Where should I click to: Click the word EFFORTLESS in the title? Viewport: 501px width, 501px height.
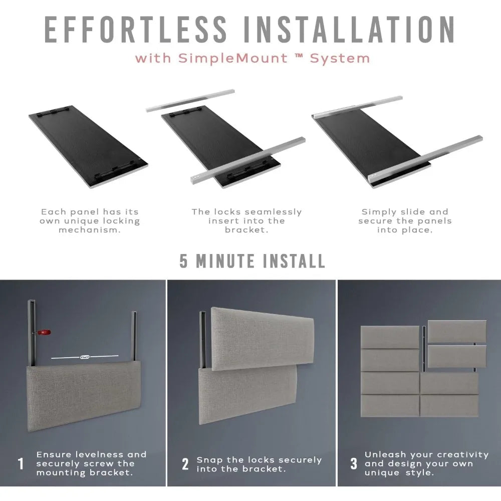[135, 30]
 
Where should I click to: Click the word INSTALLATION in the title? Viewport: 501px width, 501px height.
[349, 30]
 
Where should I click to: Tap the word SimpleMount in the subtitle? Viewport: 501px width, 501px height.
[233, 59]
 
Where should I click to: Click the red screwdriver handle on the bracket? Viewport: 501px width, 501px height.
[44, 332]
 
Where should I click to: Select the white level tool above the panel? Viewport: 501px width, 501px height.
[85, 357]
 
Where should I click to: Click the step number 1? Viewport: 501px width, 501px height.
[21, 463]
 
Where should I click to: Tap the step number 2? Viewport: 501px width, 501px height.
[185, 464]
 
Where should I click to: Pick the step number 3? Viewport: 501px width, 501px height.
[354, 463]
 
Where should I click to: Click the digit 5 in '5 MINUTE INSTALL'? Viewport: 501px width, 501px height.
[183, 261]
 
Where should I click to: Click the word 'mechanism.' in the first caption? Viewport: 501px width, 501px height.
[90, 230]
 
